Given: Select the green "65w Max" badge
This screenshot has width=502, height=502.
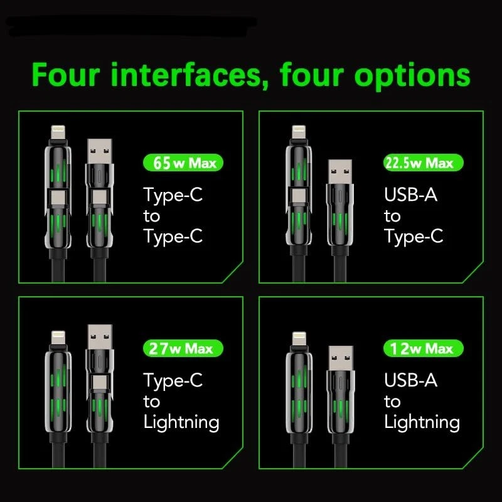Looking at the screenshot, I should pyautogui.click(x=183, y=163).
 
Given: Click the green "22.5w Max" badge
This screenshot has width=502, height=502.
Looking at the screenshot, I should pyautogui.click(x=424, y=163).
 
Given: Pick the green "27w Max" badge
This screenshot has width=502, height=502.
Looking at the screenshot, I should pyautogui.click(x=183, y=348).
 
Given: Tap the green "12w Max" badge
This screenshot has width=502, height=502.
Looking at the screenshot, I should pyautogui.click(x=424, y=348).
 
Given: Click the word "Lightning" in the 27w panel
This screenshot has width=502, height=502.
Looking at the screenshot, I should pyautogui.click(x=181, y=422).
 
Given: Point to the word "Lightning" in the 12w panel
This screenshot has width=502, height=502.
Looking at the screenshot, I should pyautogui.click(x=422, y=422).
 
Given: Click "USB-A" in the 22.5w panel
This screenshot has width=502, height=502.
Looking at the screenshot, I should pyautogui.click(x=411, y=195).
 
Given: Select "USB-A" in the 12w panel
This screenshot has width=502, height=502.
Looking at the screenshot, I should pyautogui.click(x=411, y=380).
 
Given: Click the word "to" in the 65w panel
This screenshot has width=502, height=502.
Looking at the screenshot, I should pyautogui.click(x=151, y=216).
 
